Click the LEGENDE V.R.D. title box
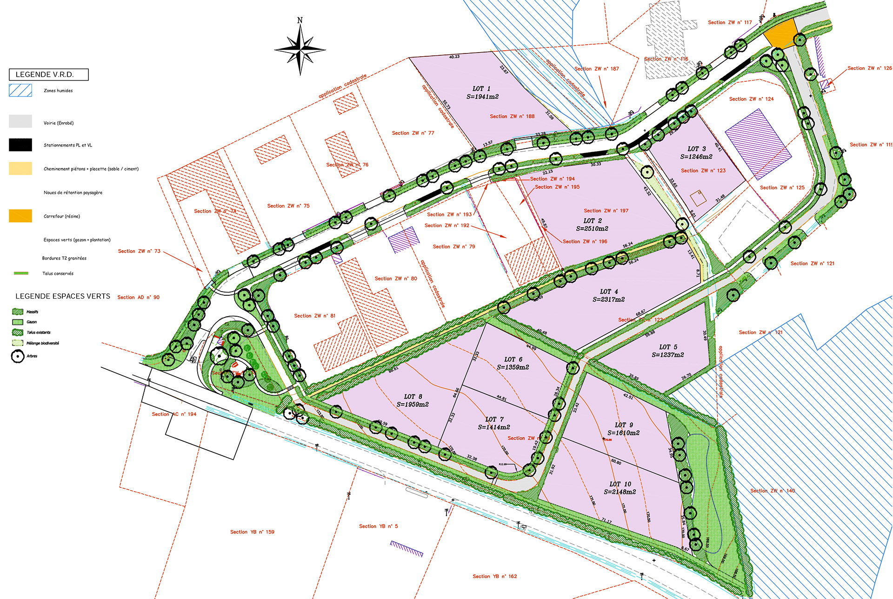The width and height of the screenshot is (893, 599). click(x=48, y=74)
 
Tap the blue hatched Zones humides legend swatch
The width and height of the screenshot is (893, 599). click(x=20, y=90)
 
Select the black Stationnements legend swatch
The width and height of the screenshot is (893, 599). click(x=20, y=145)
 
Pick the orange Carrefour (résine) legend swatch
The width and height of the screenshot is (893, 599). click(x=20, y=216)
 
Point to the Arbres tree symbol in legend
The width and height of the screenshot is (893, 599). click(x=18, y=356)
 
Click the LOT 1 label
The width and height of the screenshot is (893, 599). click(x=481, y=88)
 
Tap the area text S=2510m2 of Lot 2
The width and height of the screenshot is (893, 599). click(x=592, y=228)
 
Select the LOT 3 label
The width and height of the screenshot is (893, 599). click(x=697, y=149)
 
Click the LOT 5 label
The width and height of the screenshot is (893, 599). click(x=668, y=347)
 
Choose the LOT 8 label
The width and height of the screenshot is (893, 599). click(x=413, y=397)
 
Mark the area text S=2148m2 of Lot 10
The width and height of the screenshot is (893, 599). click(x=620, y=492)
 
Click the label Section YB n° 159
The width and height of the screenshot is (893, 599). click(x=252, y=532)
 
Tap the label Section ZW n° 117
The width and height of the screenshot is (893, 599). click(x=730, y=22)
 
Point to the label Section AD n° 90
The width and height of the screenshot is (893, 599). click(x=138, y=297)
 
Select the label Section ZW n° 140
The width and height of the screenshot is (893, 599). click(x=773, y=491)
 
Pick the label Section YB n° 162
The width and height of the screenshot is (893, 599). click(x=495, y=576)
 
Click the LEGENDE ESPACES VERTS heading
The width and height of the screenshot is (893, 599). click(x=63, y=296)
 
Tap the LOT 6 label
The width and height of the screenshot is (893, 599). click(x=513, y=359)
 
